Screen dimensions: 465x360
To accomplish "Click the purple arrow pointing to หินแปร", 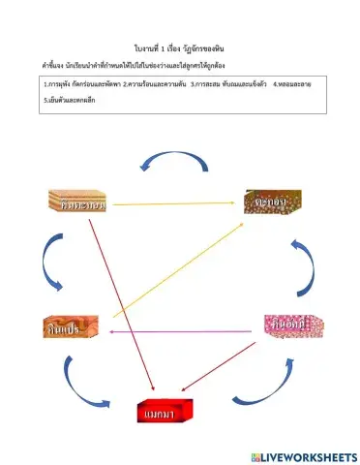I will (184, 332).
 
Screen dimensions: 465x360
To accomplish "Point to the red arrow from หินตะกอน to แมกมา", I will (121, 305).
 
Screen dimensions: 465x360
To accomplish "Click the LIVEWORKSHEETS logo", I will (302, 455).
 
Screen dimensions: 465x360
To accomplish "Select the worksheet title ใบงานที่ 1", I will (180, 46).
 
